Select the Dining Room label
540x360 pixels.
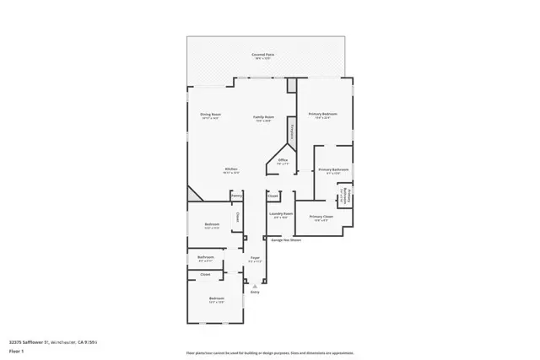(x=210, y=116)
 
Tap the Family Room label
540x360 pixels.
(x=264, y=117)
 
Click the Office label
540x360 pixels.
(x=283, y=160)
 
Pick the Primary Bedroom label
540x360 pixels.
(x=322, y=114)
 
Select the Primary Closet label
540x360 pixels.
(x=321, y=217)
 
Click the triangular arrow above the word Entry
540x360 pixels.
(x=255, y=287)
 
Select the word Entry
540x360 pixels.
(x=255, y=293)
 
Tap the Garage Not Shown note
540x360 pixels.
(x=285, y=240)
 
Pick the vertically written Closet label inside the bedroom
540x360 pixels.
(x=238, y=218)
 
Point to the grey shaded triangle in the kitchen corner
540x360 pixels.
(x=193, y=194)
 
